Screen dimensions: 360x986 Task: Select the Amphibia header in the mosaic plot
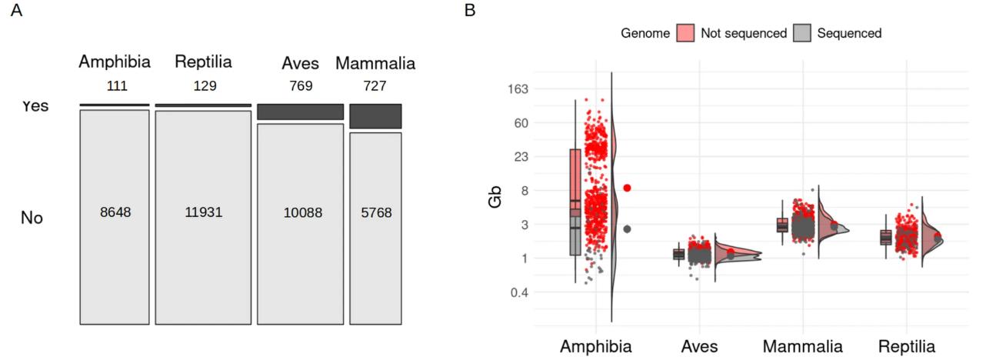[115, 62]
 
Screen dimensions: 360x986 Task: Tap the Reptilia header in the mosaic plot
[203, 62]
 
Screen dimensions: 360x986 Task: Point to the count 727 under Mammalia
[375, 86]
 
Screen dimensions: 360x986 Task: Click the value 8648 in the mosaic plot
[115, 212]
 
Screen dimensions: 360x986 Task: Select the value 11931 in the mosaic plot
[203, 212]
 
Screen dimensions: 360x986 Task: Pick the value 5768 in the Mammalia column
[375, 212]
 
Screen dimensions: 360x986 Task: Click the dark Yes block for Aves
[300, 112]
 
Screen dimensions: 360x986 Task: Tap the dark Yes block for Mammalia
[375, 116]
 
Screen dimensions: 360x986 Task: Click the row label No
[32, 218]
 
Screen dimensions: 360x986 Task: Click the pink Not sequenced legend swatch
[686, 33]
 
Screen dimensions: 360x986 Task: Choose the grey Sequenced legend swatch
[802, 33]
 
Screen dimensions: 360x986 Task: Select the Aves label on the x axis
[699, 346]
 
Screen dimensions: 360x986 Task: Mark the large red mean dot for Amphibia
[628, 188]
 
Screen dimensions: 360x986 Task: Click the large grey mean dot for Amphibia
[628, 228]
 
